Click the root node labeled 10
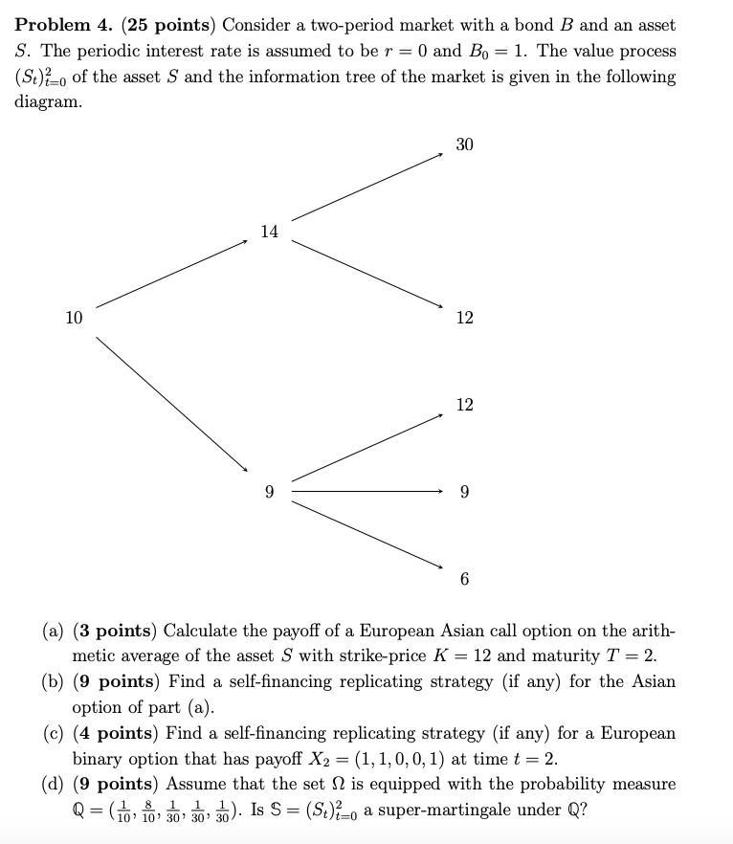pos(74,318)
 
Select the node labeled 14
pos(269,232)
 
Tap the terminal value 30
pos(464,144)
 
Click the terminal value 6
pos(464,579)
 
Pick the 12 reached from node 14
pos(464,318)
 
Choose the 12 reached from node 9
pos(464,405)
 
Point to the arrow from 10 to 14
pos(172,274)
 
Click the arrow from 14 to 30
pos(367,187)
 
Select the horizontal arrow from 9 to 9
pos(367,492)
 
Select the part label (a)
pos(54,631)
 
